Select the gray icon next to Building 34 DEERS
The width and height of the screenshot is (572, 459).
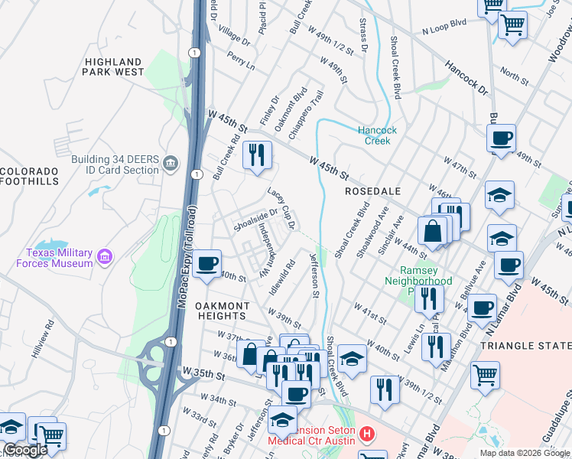[x=171, y=162]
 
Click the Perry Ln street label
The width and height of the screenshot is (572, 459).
[x=241, y=60]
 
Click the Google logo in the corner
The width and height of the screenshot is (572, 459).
[x=25, y=450]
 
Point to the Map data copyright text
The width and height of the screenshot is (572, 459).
[x=525, y=453]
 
